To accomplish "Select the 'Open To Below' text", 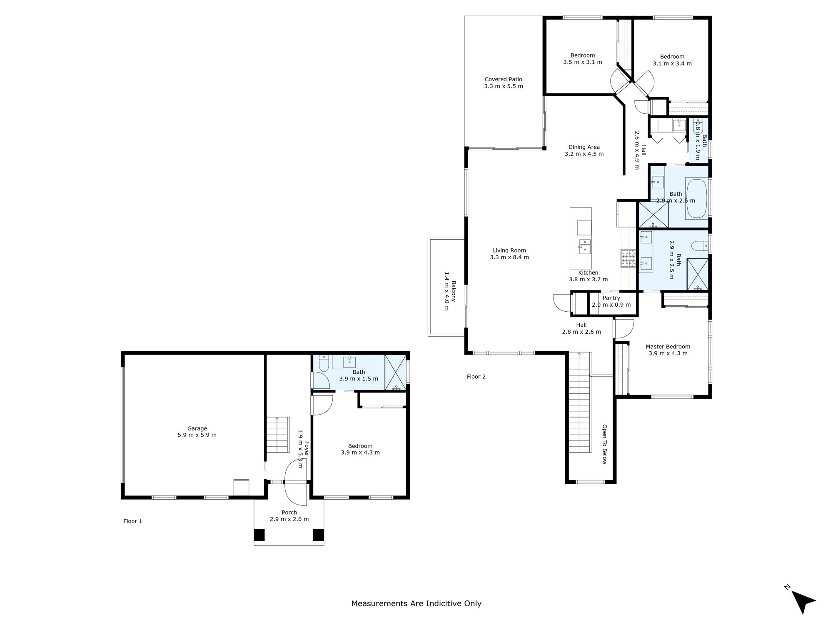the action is pos(605,444).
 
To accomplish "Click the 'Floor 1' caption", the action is pos(133,521).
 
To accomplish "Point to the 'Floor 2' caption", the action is pos(476,377).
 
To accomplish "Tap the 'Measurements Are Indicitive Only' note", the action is pos(416,603).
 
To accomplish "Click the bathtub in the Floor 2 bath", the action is pos(697,198).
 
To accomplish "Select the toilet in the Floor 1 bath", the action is pos(324,363).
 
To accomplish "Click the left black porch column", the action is pos(259,535).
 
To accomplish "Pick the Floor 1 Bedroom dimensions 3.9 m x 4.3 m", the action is pos(360,452).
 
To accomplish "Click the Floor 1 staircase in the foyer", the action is pos(277,435).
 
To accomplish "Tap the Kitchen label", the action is pos(588,273).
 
